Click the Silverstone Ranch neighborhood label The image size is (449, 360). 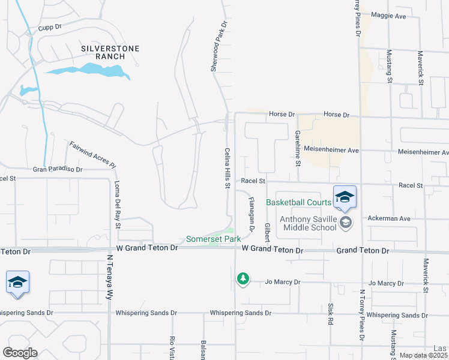click(110, 52)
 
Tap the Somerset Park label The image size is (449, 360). click(213, 239)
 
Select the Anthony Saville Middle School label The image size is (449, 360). click(309, 223)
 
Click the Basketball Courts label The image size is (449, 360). click(298, 202)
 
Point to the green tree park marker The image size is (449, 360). click(243, 278)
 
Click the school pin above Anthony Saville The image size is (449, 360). click(345, 197)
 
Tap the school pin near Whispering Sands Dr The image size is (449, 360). click(17, 283)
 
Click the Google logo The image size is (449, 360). click(20, 353)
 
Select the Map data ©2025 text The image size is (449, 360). click(424, 355)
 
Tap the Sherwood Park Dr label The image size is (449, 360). click(219, 47)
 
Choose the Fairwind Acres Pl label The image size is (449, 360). click(92, 155)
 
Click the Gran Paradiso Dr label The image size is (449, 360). click(58, 170)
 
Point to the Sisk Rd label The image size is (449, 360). click(330, 313)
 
